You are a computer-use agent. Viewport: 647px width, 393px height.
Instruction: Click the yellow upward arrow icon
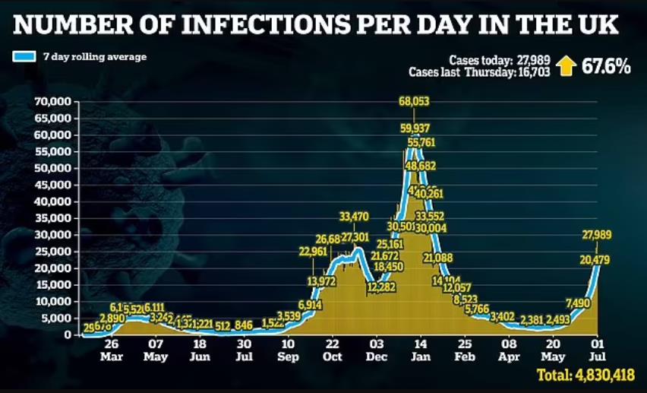click(565, 67)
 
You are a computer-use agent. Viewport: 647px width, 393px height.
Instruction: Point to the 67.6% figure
click(606, 67)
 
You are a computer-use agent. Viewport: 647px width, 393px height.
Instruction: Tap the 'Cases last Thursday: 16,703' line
click(478, 73)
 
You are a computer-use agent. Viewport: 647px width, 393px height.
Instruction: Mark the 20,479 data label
click(597, 261)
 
